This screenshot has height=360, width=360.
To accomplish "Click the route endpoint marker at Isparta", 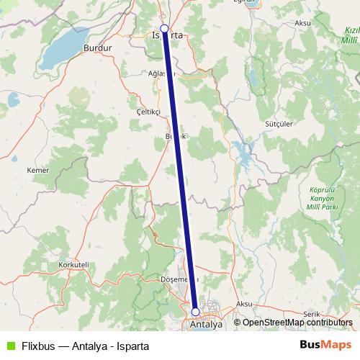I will coord(164,29).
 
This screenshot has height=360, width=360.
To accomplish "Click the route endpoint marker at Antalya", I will coord(195,312).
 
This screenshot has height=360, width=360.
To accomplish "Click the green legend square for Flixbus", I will coord(9,346).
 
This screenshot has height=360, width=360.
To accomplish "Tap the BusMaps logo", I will coord(325,345).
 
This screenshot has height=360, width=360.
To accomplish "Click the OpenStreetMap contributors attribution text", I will coord(297,323).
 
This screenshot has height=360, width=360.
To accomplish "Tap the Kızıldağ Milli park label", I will coord(348,36).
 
